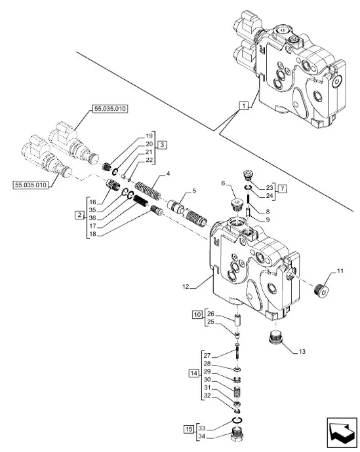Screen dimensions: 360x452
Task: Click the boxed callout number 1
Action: tap(244, 105)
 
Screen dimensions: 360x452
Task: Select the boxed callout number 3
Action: tap(162, 145)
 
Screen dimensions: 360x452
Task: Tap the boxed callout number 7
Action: tap(283, 189)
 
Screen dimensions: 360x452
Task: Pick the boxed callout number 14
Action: tap(194, 373)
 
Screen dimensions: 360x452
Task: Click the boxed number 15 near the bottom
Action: tap(189, 429)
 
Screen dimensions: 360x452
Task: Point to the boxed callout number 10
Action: tap(197, 314)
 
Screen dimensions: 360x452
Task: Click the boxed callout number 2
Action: tap(79, 215)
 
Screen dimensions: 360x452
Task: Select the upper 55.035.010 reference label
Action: tap(110, 109)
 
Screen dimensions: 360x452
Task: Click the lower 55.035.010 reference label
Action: tap(31, 185)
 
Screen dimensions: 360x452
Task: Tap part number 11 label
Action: tap(340, 271)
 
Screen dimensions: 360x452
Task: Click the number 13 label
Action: tap(302, 351)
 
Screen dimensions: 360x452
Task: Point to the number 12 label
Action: tap(186, 286)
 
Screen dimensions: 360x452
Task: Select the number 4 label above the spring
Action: tap(168, 174)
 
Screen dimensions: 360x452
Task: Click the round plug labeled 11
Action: tap(321, 289)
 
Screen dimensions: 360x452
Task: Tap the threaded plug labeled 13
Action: tap(275, 337)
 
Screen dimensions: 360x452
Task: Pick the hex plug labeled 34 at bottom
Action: tap(237, 434)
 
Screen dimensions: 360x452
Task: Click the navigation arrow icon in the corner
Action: tap(342, 432)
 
